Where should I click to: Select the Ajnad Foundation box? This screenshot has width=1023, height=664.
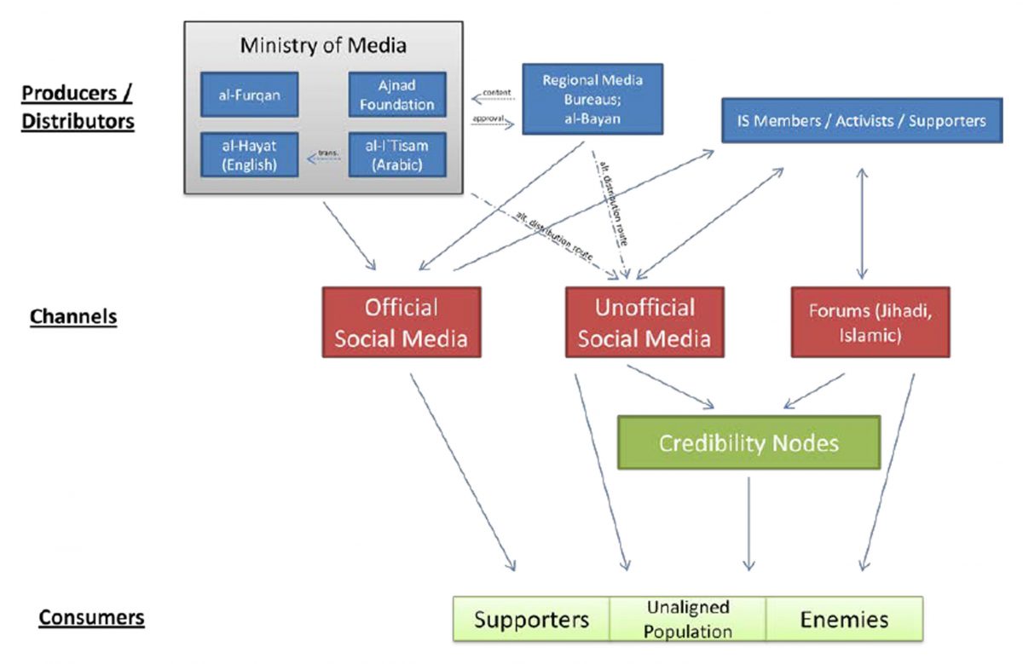[x=397, y=94]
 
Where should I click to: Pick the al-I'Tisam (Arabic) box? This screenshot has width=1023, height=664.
[x=397, y=154]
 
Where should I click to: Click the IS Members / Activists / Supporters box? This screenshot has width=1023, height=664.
[x=862, y=120]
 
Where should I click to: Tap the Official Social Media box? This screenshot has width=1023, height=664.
[x=401, y=322]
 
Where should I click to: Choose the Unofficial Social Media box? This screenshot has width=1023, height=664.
[x=644, y=322]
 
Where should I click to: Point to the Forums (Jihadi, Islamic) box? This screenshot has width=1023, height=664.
[x=870, y=322]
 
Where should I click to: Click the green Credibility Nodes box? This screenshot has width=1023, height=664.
[x=748, y=442]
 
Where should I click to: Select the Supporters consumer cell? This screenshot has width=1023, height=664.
[x=531, y=619]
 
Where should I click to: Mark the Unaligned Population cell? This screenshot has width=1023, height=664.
[x=688, y=619]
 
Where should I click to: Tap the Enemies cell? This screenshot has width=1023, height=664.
[x=844, y=619]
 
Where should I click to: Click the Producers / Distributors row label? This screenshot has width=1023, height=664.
[x=78, y=107]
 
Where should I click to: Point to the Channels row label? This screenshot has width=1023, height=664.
[x=73, y=317]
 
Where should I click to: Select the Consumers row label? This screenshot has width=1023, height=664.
[x=91, y=617]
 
